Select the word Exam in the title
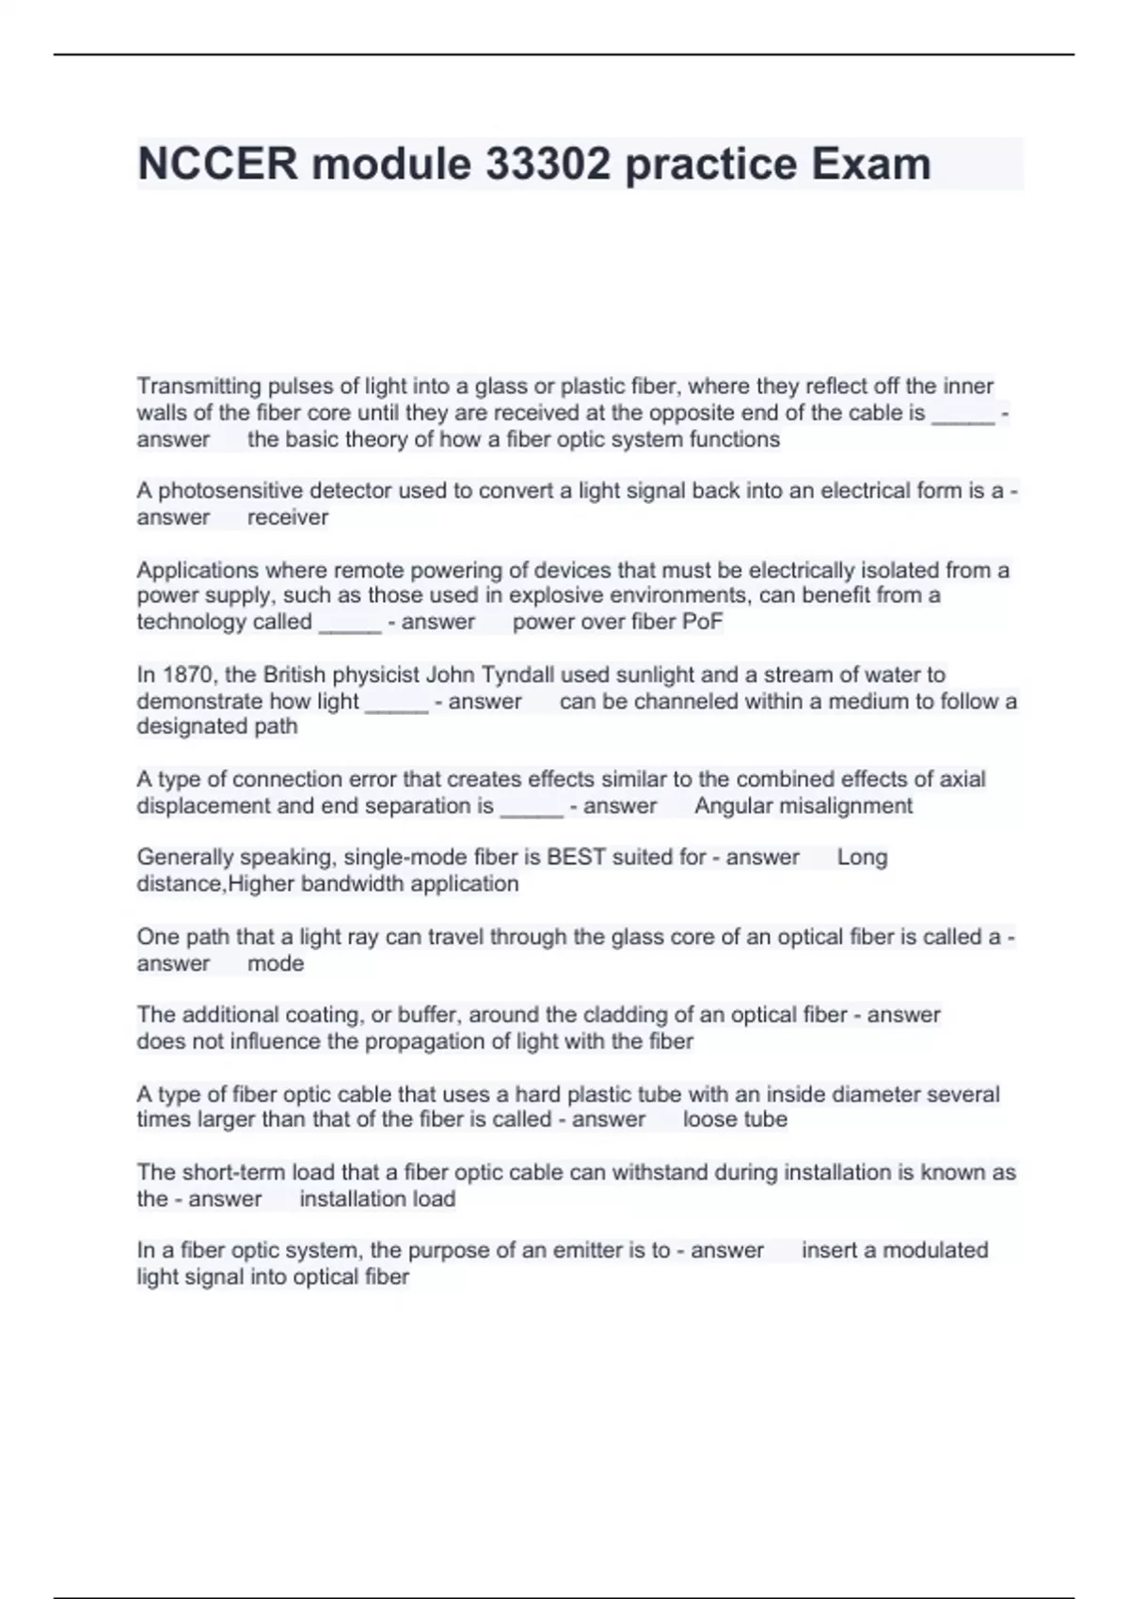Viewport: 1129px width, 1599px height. coord(870,164)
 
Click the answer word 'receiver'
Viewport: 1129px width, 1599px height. coord(288,517)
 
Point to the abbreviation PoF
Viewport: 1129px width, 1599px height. coord(704,622)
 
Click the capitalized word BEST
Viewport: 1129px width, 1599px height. coord(576,857)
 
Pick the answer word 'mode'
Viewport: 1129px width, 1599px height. coord(276,963)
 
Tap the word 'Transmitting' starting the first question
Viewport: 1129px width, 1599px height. coord(199,387)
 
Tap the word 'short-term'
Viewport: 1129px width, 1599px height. coord(232,1172)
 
